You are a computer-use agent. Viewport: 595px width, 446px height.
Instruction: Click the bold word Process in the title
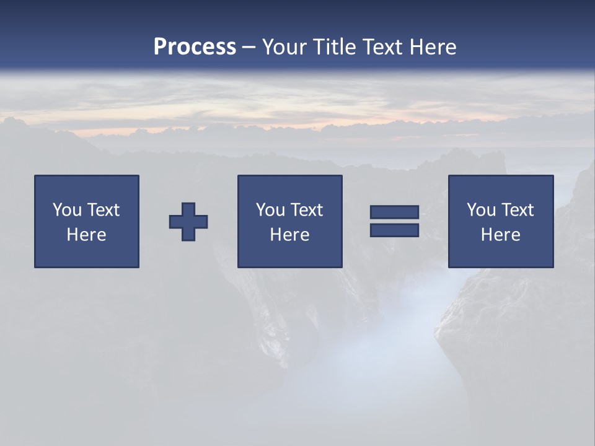[195, 47]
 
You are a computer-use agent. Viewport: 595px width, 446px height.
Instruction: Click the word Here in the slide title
[433, 47]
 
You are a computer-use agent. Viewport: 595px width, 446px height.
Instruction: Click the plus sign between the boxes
[188, 222]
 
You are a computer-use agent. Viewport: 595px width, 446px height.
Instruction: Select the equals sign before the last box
[394, 221]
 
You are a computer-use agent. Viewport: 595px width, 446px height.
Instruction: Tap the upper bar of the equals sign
[394, 212]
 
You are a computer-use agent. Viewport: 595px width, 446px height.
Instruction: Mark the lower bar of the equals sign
[394, 230]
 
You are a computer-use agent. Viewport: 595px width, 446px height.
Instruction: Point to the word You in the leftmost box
[67, 210]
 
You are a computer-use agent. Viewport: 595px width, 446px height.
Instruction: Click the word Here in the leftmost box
[86, 235]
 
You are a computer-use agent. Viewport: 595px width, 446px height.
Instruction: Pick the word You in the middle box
[270, 210]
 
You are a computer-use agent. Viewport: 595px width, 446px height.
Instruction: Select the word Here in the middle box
[289, 235]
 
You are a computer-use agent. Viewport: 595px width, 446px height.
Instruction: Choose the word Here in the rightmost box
[500, 235]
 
